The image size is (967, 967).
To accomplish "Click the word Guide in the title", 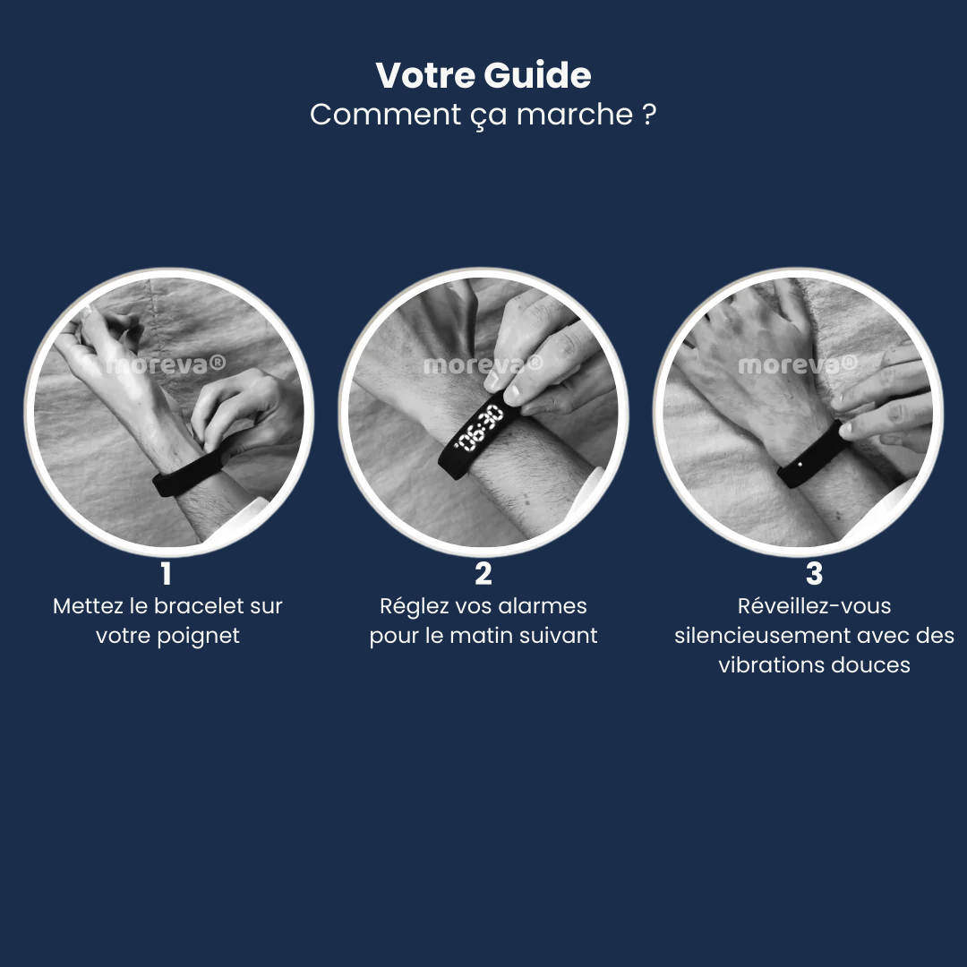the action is tap(537, 75).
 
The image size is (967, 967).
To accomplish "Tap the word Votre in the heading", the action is tap(427, 75).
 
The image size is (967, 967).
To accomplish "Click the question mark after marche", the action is tap(648, 114).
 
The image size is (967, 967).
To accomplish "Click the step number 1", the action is tap(166, 574).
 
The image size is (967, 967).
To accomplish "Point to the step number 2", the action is tap(483, 574).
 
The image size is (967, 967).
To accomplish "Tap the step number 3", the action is tap(814, 574).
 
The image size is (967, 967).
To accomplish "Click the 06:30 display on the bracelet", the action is tap(479, 427).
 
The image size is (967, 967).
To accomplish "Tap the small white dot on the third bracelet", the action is tap(800, 464).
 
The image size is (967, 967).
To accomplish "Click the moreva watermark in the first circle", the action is tap(166, 365).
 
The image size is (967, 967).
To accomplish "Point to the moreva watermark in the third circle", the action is tap(798, 365).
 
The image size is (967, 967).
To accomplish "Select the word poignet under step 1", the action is tap(198, 636).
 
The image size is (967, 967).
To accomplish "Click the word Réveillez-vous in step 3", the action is tap(814, 605).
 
